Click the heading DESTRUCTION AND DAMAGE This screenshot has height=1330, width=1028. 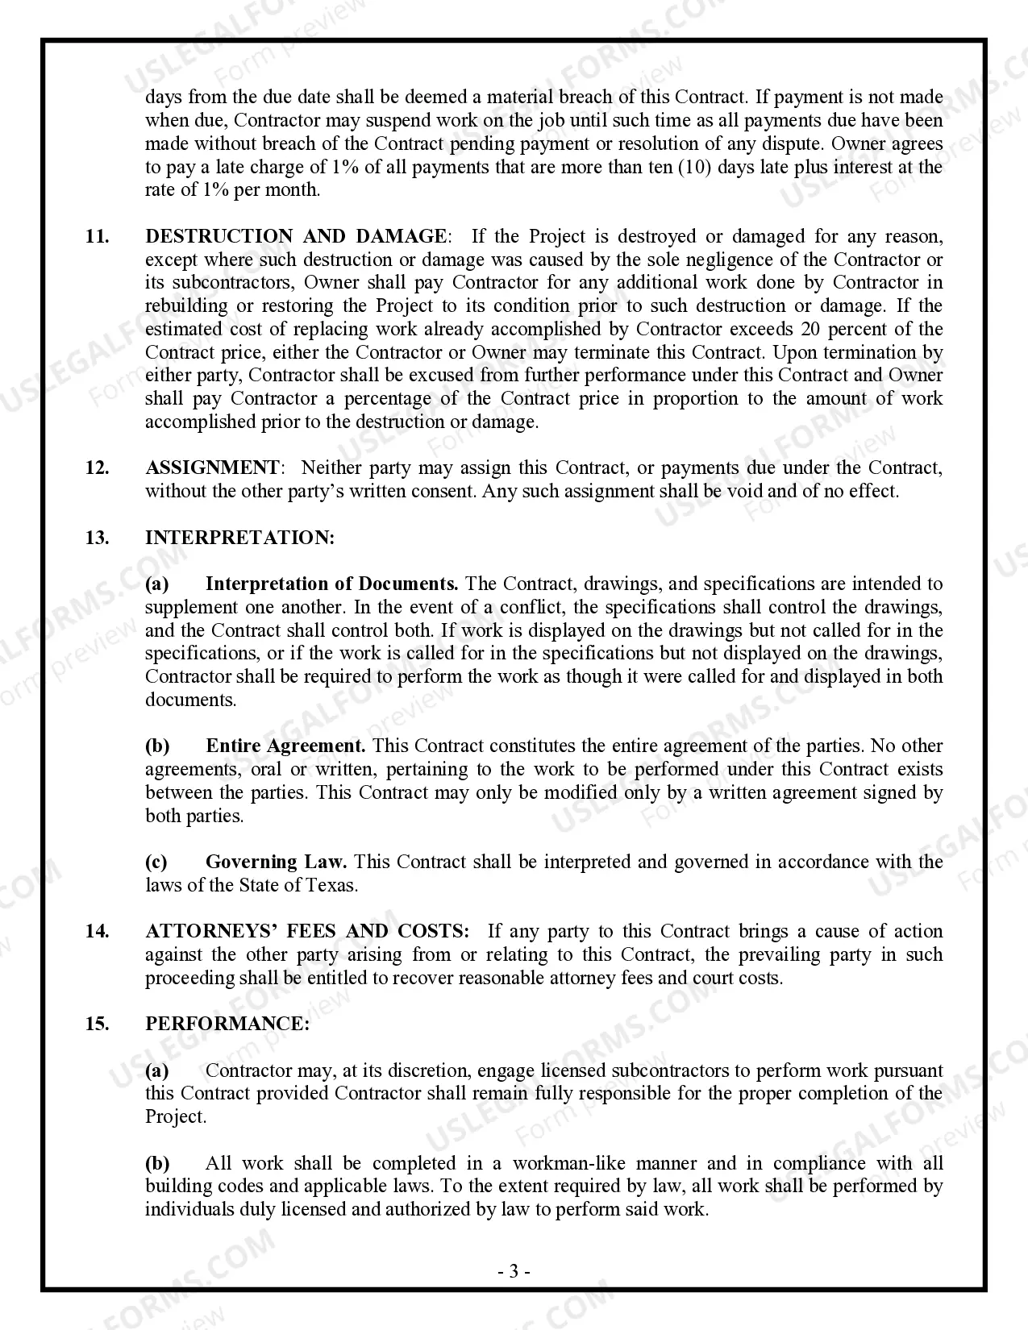295,236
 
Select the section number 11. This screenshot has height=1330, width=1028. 97,236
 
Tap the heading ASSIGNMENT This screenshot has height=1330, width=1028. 212,468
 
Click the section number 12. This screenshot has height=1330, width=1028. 97,468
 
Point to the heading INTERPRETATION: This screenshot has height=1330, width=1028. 239,538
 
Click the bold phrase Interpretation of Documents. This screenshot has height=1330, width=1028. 331,584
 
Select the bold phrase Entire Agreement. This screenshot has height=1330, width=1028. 285,746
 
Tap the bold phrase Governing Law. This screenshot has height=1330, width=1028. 276,862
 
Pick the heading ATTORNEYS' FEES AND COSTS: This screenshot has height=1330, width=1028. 307,931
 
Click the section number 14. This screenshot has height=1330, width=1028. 97,931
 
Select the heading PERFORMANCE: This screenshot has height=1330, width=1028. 227,1024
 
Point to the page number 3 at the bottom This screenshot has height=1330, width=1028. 514,1272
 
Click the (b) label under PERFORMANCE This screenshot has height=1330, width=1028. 157,1163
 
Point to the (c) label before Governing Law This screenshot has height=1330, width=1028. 156,862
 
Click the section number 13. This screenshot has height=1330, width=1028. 97,538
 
